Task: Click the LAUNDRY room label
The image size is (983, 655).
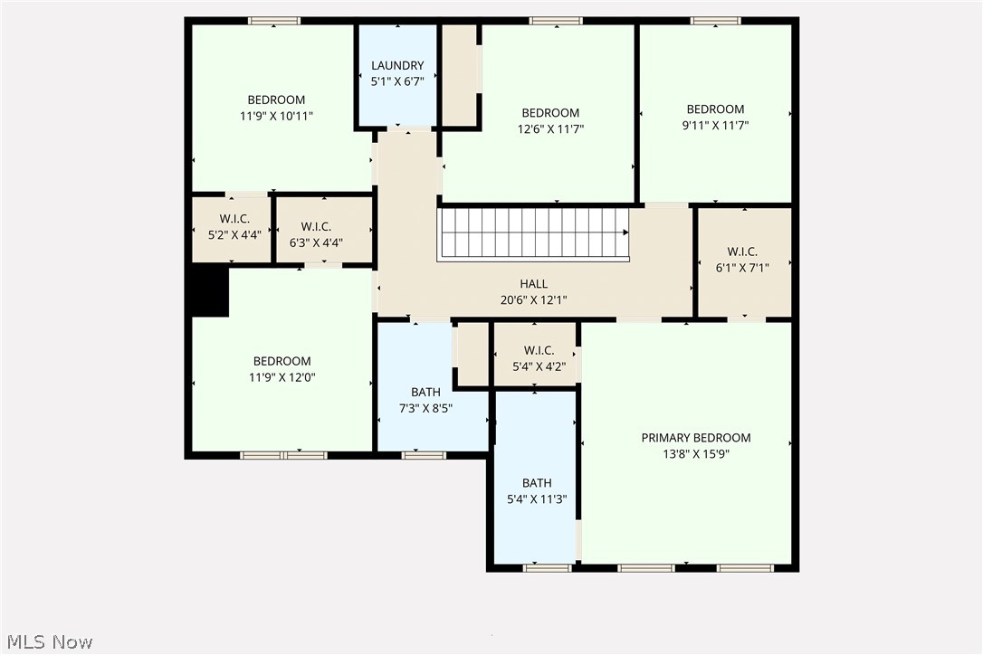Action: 397,65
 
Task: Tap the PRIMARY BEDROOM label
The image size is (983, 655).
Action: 695,438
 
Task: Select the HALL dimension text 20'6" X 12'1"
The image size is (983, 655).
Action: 533,299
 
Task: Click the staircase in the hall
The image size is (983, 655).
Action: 534,234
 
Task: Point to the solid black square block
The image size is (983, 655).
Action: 207,291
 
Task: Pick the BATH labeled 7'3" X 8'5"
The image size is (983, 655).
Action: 425,400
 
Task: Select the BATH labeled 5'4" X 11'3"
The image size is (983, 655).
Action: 537,490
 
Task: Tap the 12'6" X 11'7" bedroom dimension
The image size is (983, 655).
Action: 550,128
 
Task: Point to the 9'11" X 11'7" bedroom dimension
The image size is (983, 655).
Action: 715,126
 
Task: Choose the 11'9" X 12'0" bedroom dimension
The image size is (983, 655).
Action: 282,377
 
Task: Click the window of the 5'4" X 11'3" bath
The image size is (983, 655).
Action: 548,567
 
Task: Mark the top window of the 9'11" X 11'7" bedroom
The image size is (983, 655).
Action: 715,21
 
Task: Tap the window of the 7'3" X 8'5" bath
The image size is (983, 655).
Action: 424,455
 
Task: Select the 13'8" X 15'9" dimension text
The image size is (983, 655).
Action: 695,454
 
